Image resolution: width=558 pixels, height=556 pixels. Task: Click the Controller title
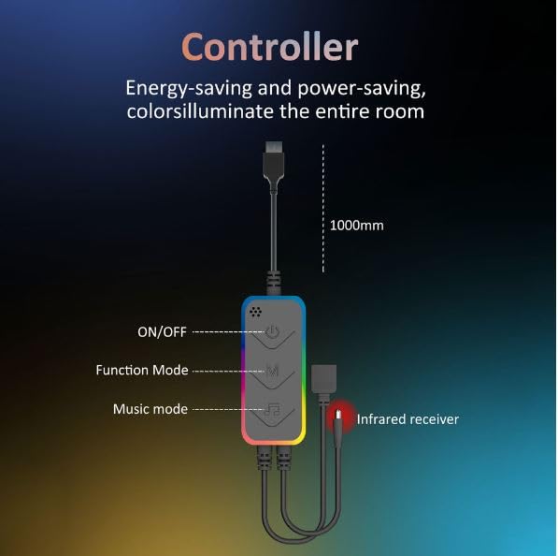pos(269,47)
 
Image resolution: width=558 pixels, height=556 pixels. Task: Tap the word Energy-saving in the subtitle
pos(189,88)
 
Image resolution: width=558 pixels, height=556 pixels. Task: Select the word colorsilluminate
pos(200,110)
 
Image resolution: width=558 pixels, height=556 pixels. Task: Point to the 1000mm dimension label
pos(357,226)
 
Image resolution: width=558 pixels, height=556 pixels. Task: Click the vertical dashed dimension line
pos(323,209)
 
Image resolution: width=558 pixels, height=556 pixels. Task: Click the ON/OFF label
pos(162,332)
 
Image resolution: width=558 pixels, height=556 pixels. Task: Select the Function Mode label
pos(142,370)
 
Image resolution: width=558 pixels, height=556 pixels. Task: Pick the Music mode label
pos(150,409)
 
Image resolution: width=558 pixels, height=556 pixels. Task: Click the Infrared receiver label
pos(408,419)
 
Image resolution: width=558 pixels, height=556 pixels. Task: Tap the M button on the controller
pos(273,372)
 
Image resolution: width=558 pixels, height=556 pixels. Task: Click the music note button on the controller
pos(273,412)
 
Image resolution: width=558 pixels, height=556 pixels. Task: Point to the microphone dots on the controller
pos(255,312)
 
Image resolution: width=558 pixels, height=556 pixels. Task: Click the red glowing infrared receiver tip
pos(338,416)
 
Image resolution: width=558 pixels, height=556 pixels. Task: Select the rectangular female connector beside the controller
pos(323,378)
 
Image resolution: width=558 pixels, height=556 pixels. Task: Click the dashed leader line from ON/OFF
pos(228,332)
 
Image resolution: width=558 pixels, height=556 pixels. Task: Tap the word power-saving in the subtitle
pos(362,88)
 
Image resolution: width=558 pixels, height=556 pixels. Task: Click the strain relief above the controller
pos(273,284)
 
